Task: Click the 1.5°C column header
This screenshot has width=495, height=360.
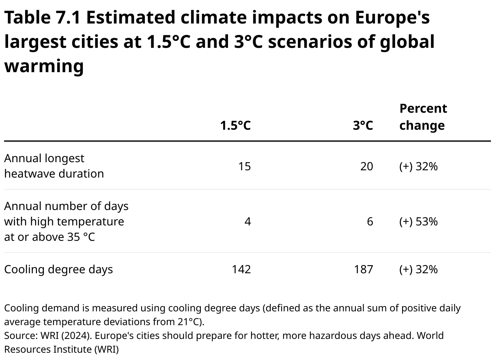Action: point(235,125)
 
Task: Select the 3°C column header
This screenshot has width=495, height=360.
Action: point(362,125)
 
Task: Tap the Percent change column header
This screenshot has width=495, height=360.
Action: point(423,117)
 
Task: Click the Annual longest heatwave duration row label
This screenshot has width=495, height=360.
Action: point(54,166)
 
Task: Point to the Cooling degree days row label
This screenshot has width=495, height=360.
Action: point(58,270)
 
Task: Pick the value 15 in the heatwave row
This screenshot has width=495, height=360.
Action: point(244,167)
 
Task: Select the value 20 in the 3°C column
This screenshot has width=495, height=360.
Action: point(366,167)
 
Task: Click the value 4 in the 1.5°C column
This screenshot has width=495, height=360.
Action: point(247,222)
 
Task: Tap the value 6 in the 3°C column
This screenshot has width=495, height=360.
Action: point(370,222)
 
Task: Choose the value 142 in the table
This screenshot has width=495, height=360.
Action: point(241,270)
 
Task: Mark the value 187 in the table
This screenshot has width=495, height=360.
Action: point(363,270)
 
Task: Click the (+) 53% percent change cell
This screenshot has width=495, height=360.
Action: point(418,222)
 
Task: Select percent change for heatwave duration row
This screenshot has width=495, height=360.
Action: point(418,167)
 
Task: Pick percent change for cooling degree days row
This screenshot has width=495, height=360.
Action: point(418,270)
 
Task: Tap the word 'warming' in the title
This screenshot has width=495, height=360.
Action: point(44,66)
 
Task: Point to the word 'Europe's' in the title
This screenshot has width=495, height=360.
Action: point(392,18)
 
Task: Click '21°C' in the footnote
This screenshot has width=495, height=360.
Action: point(189,322)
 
